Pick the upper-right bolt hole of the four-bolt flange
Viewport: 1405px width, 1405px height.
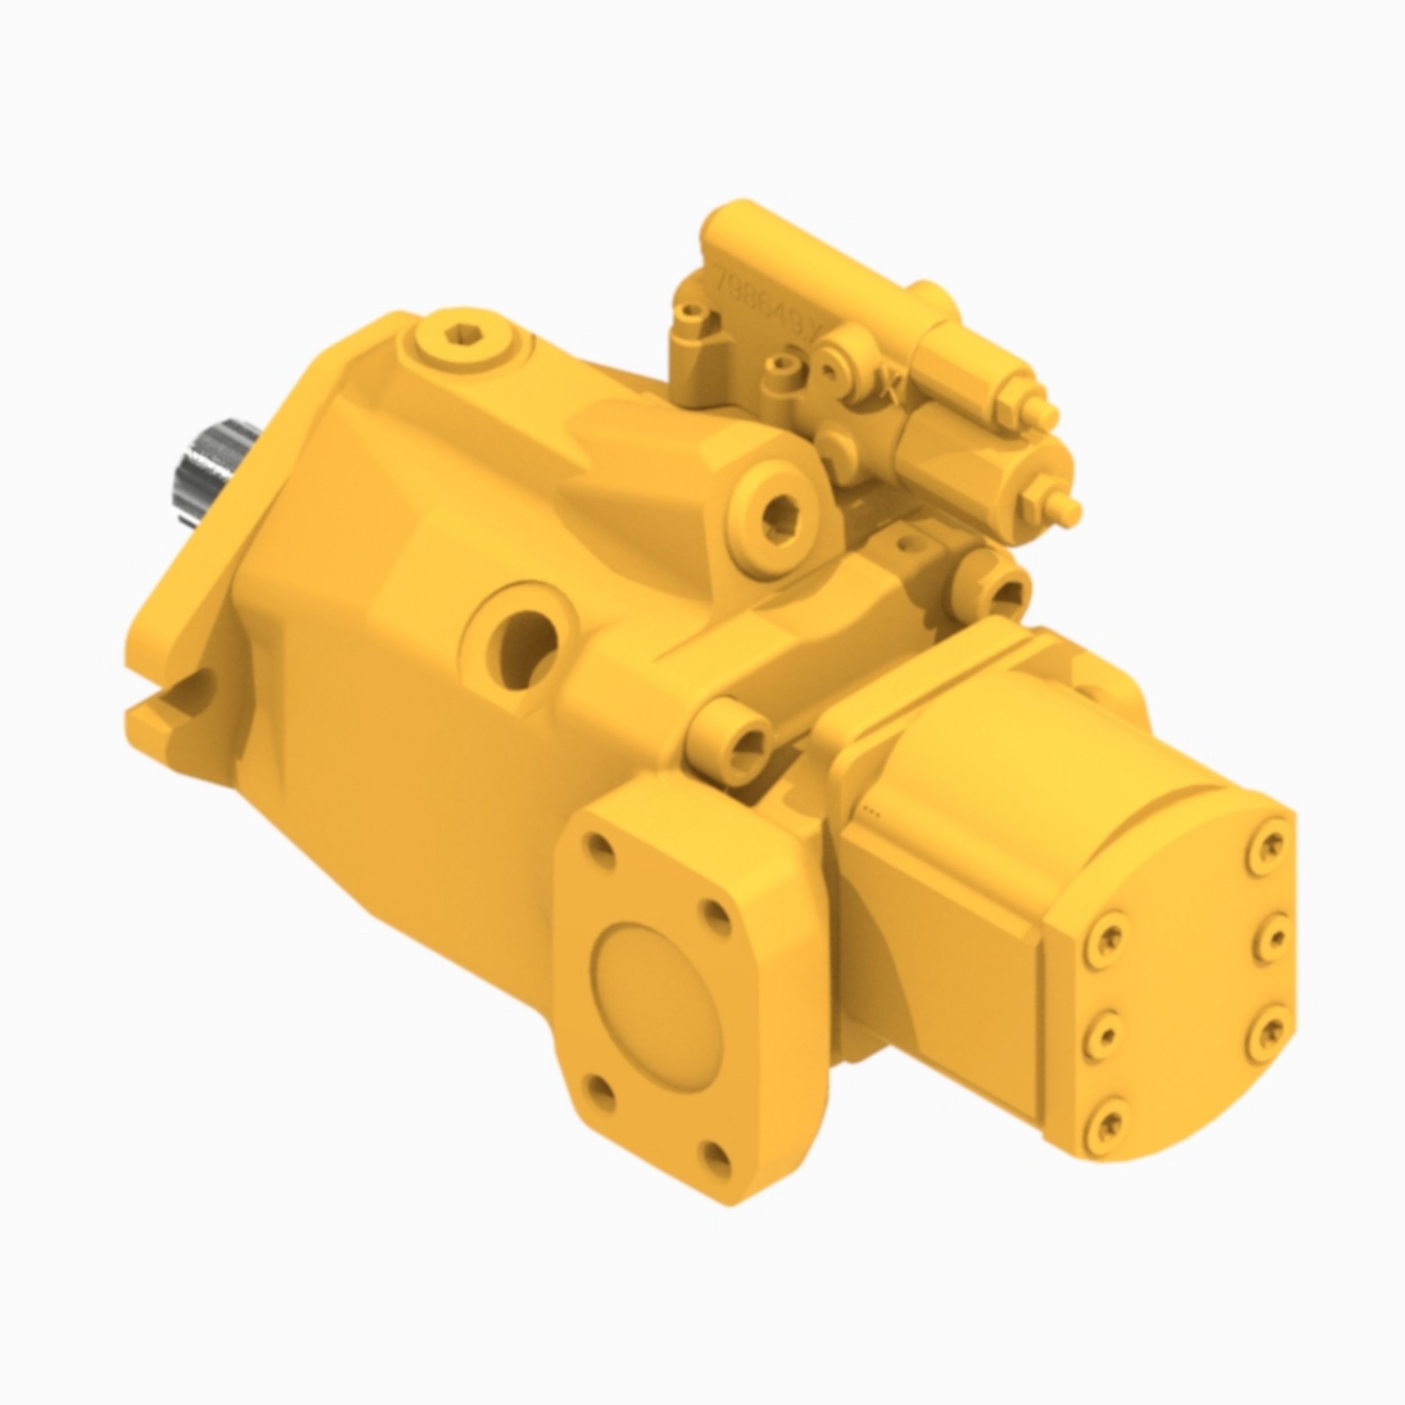point(717,912)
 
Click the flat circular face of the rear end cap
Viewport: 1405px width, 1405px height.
point(1193,982)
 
